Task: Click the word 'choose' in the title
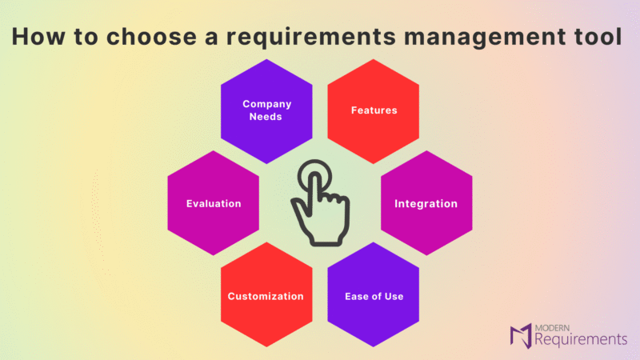(x=151, y=36)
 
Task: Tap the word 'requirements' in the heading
(x=311, y=38)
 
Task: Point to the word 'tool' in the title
(x=598, y=36)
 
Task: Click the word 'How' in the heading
(x=38, y=36)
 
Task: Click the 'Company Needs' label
(x=266, y=110)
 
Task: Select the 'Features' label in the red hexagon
(x=374, y=110)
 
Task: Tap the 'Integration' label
(x=426, y=204)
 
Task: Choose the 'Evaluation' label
(x=214, y=204)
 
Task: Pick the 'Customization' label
(x=266, y=296)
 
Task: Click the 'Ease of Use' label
(x=374, y=296)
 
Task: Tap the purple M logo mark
(x=521, y=336)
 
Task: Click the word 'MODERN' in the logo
(x=552, y=328)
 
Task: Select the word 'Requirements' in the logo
(x=581, y=339)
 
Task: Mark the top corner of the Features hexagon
(x=373, y=59)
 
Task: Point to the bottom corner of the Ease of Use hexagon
(x=373, y=346)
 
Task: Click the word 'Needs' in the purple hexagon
(x=266, y=117)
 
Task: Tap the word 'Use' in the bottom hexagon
(x=394, y=296)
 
